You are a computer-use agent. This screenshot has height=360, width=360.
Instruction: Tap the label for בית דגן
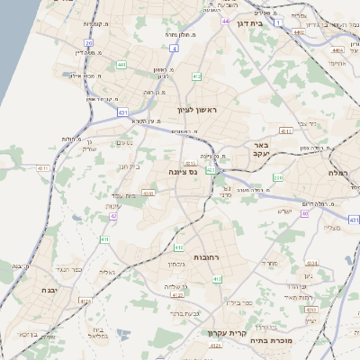259,24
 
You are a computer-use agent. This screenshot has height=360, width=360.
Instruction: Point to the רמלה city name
339,172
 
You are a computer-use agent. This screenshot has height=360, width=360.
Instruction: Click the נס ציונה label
184,171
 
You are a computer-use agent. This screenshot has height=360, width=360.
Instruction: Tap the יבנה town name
49,291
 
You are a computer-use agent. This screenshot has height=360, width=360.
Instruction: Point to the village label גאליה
106,271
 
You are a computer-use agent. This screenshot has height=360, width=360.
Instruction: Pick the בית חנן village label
130,166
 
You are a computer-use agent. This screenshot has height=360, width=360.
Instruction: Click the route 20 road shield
88,42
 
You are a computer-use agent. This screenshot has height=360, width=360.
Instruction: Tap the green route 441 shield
121,65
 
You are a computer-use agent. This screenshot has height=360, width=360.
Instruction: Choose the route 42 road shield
113,216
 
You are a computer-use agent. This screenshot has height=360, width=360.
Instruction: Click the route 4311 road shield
285,130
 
